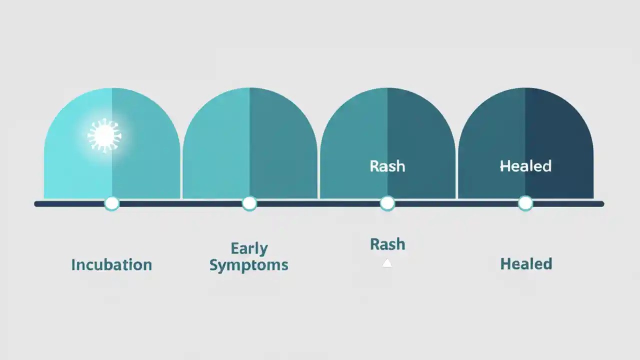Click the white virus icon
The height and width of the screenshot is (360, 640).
click(x=104, y=135)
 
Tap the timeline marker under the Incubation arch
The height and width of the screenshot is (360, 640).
click(x=111, y=203)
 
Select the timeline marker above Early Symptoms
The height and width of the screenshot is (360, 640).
click(x=249, y=203)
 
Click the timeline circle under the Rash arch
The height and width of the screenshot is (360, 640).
click(x=387, y=203)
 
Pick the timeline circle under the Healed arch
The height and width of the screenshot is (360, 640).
click(x=525, y=203)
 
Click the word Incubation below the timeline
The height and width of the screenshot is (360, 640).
click(x=111, y=264)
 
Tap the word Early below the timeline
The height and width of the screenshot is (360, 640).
click(x=249, y=248)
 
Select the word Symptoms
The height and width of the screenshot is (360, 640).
click(x=248, y=265)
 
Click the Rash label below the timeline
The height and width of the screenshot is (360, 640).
click(x=387, y=244)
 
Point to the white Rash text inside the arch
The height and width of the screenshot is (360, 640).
click(x=387, y=166)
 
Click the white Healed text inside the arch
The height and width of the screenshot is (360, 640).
click(x=525, y=166)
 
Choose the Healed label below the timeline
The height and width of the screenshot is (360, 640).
click(x=526, y=263)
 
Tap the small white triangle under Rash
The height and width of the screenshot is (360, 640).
click(x=387, y=263)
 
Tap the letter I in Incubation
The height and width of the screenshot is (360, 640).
click(x=73, y=264)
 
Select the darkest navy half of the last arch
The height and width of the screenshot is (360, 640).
click(x=559, y=145)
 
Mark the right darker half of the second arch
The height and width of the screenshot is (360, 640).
click(x=283, y=145)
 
